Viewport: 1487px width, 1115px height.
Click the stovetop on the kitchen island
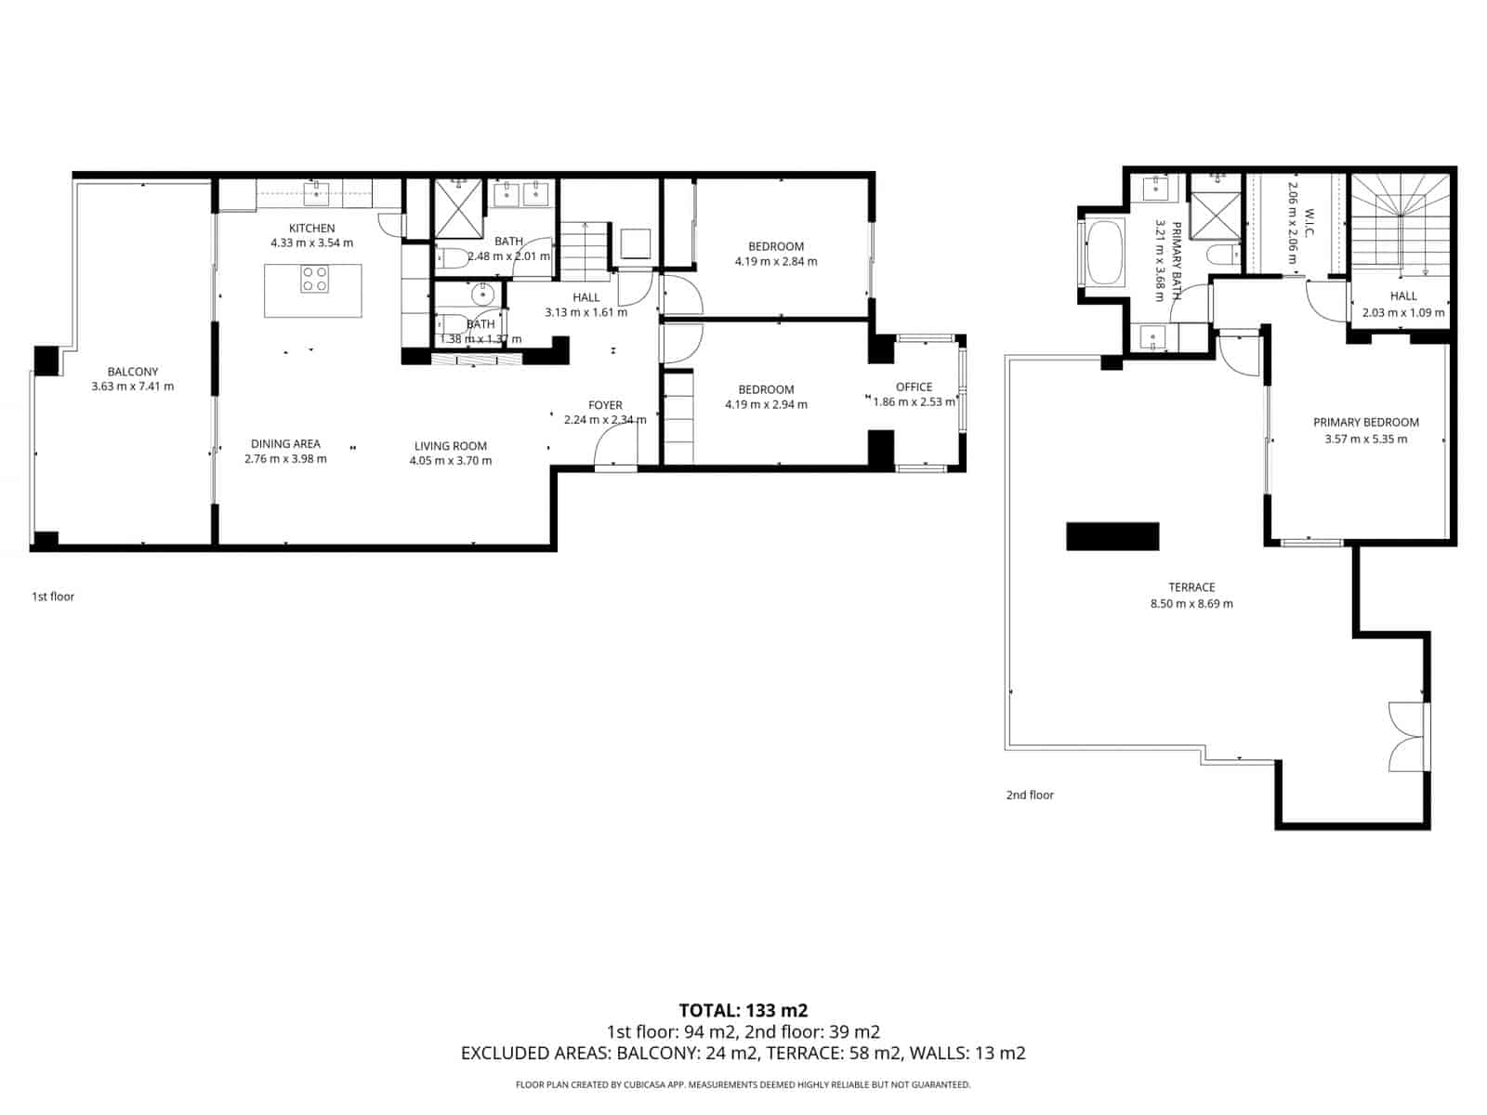coord(314,279)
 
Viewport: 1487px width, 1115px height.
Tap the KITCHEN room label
coord(311,228)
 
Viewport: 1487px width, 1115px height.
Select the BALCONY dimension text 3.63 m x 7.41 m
coord(133,387)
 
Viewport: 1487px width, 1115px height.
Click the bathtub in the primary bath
coord(1104,252)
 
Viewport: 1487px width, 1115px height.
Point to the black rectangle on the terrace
coord(1112,536)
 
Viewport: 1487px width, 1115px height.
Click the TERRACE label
coord(1191,587)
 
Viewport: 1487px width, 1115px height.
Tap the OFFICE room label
coord(914,387)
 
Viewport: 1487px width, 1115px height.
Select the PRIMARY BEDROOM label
coord(1365,422)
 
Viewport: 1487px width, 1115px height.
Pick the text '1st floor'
coord(53,597)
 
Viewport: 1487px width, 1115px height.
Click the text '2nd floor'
coord(1030,794)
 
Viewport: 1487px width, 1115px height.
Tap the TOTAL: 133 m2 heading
coord(743,1010)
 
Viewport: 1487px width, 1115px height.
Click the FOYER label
coord(605,405)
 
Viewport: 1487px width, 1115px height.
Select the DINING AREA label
coord(285,444)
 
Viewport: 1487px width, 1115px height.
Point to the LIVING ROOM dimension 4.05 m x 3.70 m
coord(451,461)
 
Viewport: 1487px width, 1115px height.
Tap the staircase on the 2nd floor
coord(1399,228)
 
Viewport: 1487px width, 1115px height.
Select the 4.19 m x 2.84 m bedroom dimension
coord(776,262)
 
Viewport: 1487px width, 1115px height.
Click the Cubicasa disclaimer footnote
coord(743,1084)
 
